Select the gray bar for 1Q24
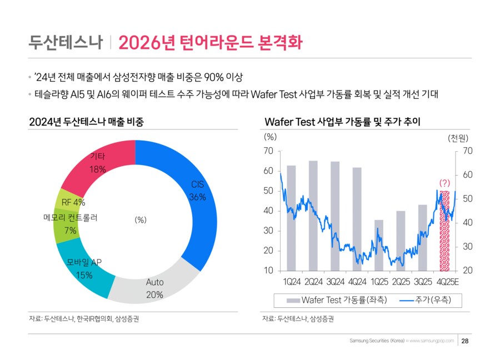pyautogui.click(x=291, y=217)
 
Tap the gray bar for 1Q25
pyautogui.click(x=379, y=244)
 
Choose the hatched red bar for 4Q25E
pyautogui.click(x=444, y=231)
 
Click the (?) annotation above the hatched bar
pyautogui.click(x=444, y=182)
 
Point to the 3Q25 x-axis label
pyautogui.click(x=423, y=282)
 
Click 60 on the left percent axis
pyautogui.click(x=269, y=171)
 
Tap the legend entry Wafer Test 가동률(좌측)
pyautogui.click(x=338, y=300)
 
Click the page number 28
pyautogui.click(x=465, y=341)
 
